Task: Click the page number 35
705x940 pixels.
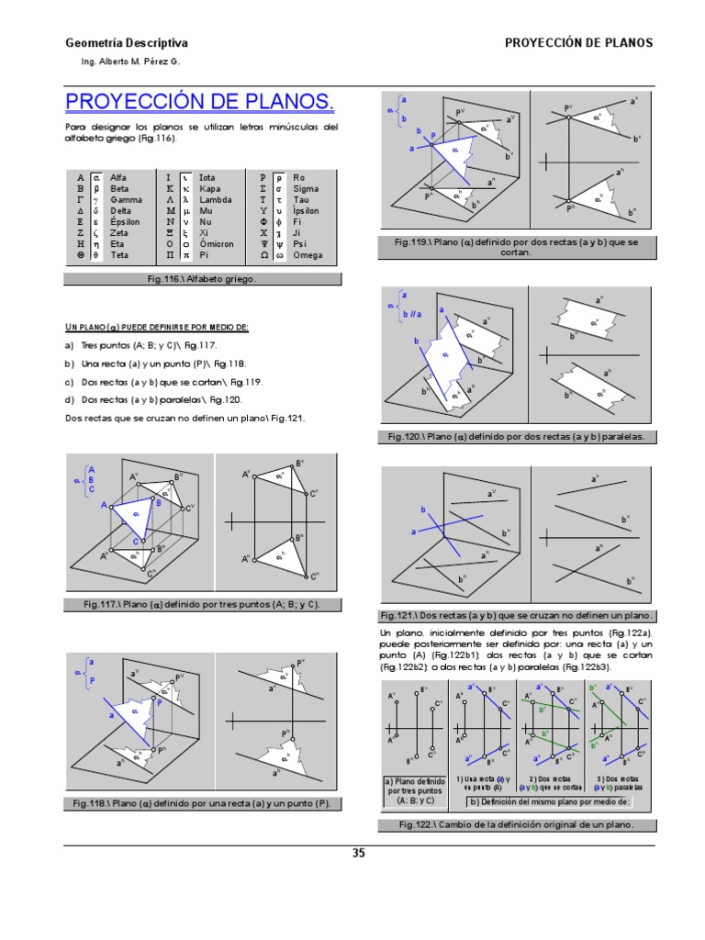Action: (x=359, y=853)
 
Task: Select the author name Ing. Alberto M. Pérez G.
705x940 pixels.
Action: (x=131, y=61)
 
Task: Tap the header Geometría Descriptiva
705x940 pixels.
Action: (x=127, y=43)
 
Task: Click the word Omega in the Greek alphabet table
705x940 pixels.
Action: (x=308, y=254)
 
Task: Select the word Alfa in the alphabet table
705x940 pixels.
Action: (x=118, y=176)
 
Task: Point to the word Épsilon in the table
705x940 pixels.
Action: (x=126, y=221)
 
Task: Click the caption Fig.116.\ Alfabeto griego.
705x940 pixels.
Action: (x=202, y=278)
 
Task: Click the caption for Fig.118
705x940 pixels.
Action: (x=201, y=803)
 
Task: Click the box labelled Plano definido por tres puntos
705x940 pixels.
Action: (x=413, y=789)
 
